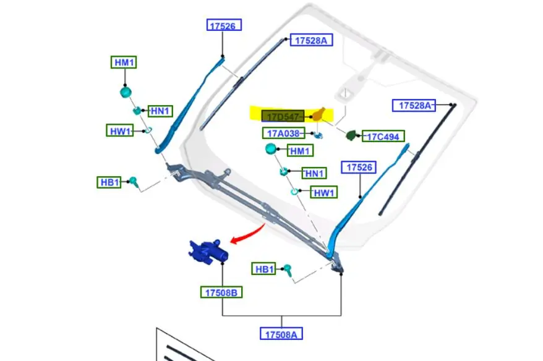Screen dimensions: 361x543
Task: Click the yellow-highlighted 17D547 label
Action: pyautogui.click(x=283, y=116)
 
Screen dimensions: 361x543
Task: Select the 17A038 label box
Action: pyautogui.click(x=283, y=133)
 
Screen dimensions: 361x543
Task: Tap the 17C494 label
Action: pyautogui.click(x=383, y=137)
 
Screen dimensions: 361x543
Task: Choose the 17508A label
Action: pyautogui.click(x=281, y=334)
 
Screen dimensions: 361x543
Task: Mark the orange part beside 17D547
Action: pyautogui.click(x=319, y=114)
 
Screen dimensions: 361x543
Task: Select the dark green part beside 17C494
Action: pyautogui.click(x=351, y=135)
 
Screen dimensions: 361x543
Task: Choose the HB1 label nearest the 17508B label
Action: pyautogui.click(x=264, y=269)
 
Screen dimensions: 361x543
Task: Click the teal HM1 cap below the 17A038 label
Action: pyautogui.click(x=271, y=149)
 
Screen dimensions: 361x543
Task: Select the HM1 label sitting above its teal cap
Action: pyautogui.click(x=124, y=62)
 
